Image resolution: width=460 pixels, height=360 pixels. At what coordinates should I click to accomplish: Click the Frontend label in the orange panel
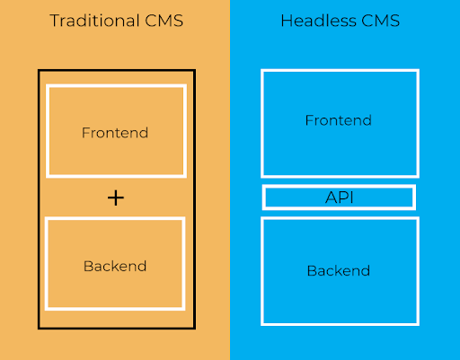click(x=115, y=133)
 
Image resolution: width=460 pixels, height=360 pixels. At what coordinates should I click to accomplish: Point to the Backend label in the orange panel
click(x=114, y=266)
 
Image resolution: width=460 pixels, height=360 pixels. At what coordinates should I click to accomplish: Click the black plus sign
click(x=115, y=198)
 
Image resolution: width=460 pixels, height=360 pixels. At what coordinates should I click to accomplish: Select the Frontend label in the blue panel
click(x=338, y=120)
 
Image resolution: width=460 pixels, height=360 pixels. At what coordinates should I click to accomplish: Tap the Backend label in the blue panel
click(x=338, y=270)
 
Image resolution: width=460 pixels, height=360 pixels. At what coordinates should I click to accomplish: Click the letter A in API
click(x=329, y=198)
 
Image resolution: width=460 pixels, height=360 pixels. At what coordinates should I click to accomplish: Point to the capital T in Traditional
click(x=54, y=20)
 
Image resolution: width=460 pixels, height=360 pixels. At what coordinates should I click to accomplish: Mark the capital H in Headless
click(x=286, y=20)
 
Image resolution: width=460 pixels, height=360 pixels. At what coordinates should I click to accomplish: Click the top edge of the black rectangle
click(x=115, y=70)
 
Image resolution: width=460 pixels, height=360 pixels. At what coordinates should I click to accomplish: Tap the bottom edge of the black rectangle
click(x=115, y=328)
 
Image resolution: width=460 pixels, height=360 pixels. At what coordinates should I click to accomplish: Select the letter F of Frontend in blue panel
click(x=309, y=120)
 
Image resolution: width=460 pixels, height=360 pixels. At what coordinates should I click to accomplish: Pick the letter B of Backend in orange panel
click(x=87, y=266)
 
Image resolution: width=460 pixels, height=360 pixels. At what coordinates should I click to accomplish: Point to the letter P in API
click(x=341, y=198)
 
